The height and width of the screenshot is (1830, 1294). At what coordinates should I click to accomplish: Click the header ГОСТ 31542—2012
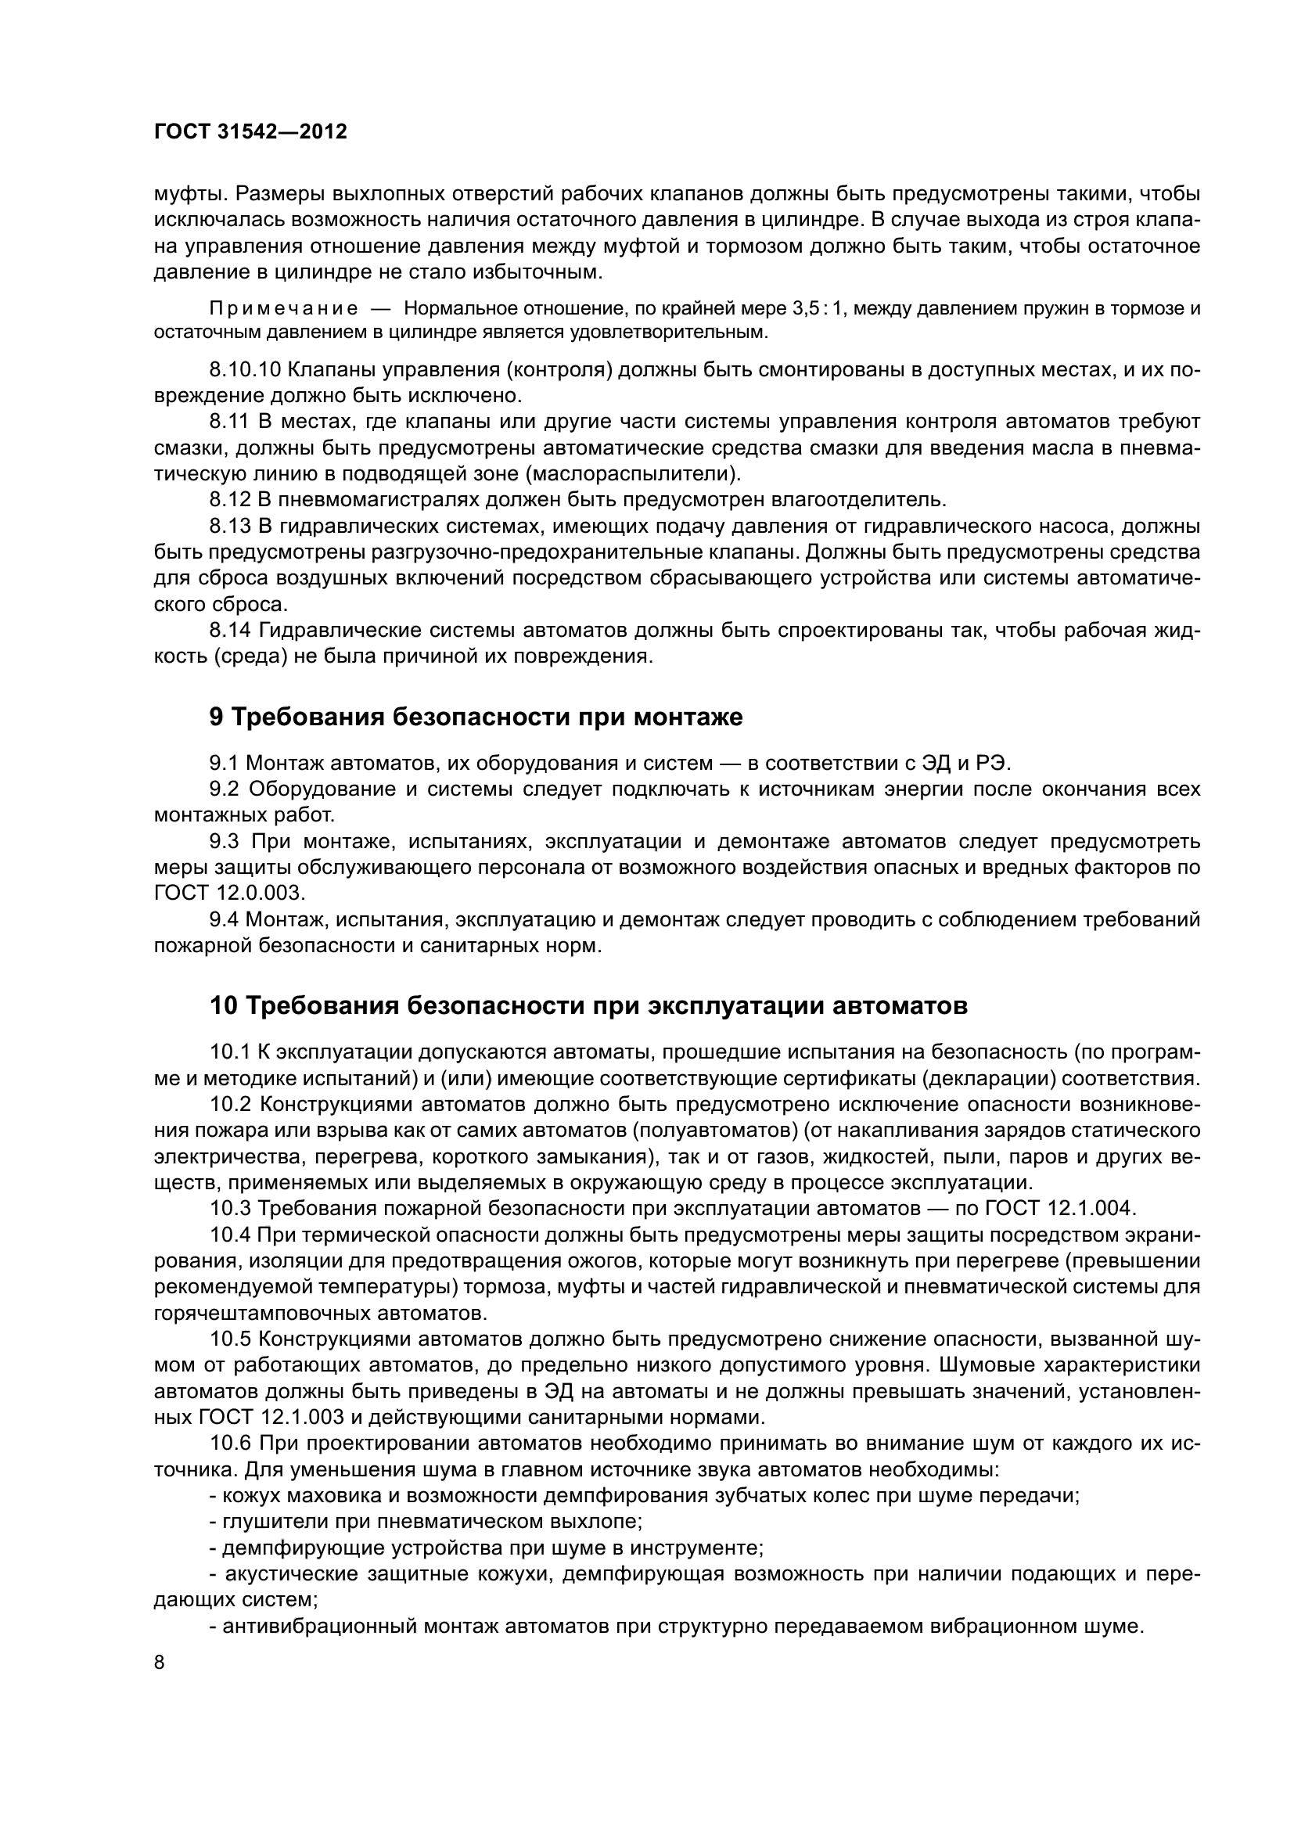tap(250, 132)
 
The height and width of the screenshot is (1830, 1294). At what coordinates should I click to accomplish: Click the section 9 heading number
tap(217, 717)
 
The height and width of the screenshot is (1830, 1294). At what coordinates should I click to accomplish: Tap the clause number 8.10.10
tap(244, 370)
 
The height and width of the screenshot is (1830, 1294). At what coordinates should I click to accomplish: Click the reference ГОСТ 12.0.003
tap(229, 893)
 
